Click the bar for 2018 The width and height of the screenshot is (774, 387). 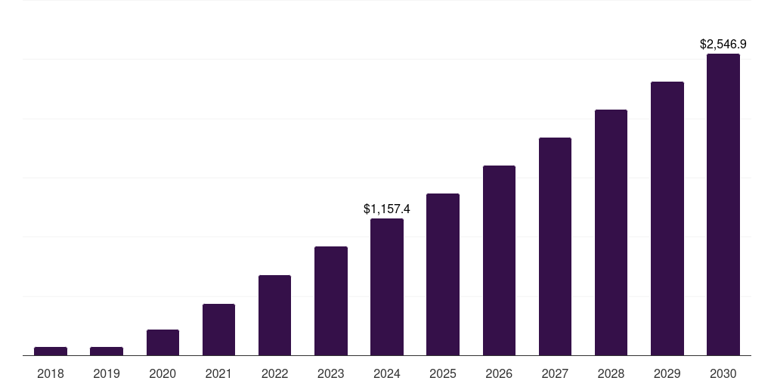(51, 351)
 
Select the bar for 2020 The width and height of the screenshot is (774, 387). (163, 342)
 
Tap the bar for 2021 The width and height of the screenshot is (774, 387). (218, 330)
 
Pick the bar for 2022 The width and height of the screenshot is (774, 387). (274, 315)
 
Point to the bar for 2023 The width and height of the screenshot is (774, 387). (331, 301)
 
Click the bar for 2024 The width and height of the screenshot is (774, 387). (387, 287)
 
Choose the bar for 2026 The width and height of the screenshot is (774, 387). (499, 261)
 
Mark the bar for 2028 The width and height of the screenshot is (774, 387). (611, 233)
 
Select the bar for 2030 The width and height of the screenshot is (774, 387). (723, 205)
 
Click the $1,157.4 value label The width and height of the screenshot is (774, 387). (387, 208)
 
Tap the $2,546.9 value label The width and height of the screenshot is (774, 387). (723, 45)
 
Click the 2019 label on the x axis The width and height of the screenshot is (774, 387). (107, 373)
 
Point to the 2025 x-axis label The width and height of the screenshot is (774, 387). (443, 373)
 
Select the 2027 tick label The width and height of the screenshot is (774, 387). (555, 373)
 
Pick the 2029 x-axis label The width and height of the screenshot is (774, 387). (667, 373)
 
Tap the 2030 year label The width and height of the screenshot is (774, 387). (723, 373)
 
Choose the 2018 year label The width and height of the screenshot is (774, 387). (51, 373)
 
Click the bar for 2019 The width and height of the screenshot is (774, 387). (107, 351)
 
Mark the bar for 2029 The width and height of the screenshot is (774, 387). (667, 218)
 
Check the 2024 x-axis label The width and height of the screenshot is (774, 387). (387, 373)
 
